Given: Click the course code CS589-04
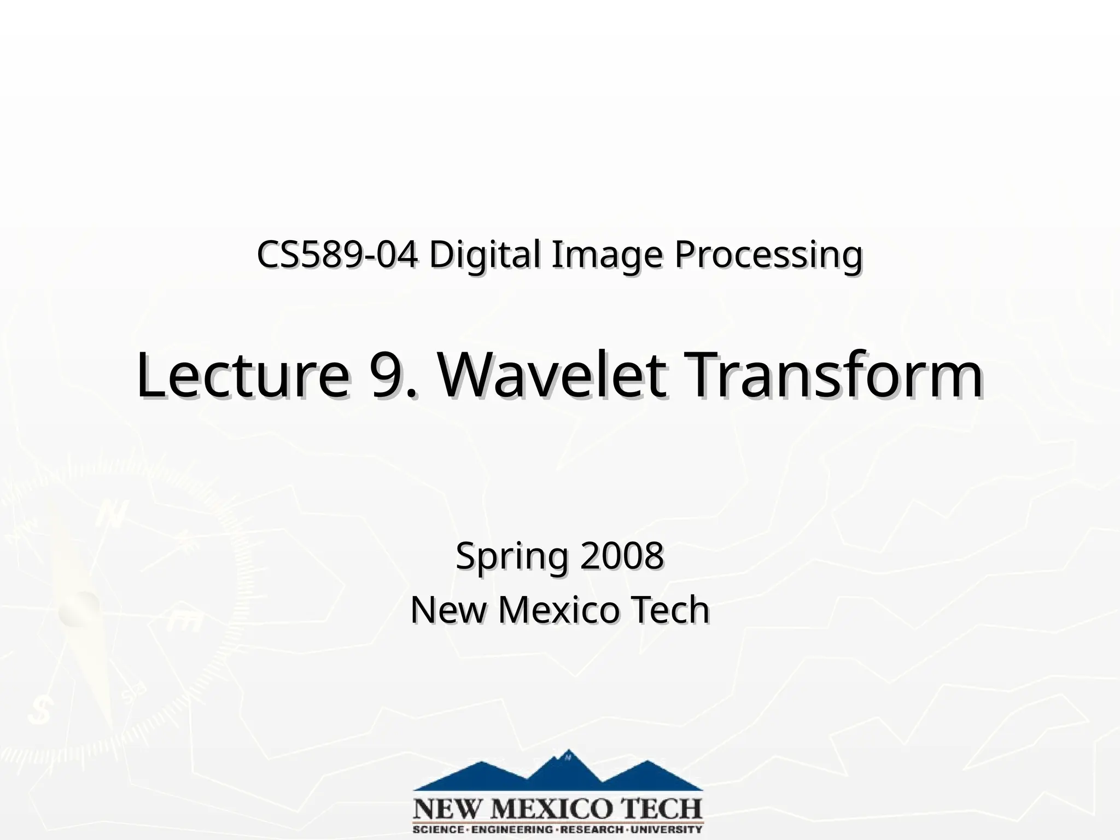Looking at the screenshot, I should (x=337, y=255).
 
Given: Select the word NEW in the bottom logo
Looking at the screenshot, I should (x=442, y=808).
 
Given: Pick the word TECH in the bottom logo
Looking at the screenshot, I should (x=658, y=808).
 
